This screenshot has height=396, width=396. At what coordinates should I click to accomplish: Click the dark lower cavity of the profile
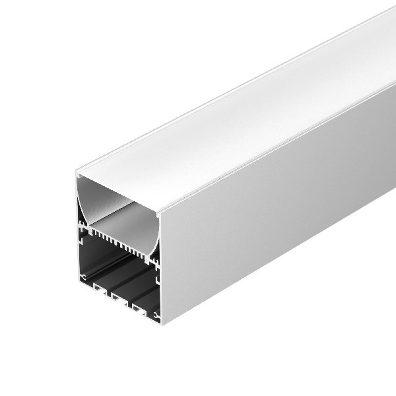[119, 271]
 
